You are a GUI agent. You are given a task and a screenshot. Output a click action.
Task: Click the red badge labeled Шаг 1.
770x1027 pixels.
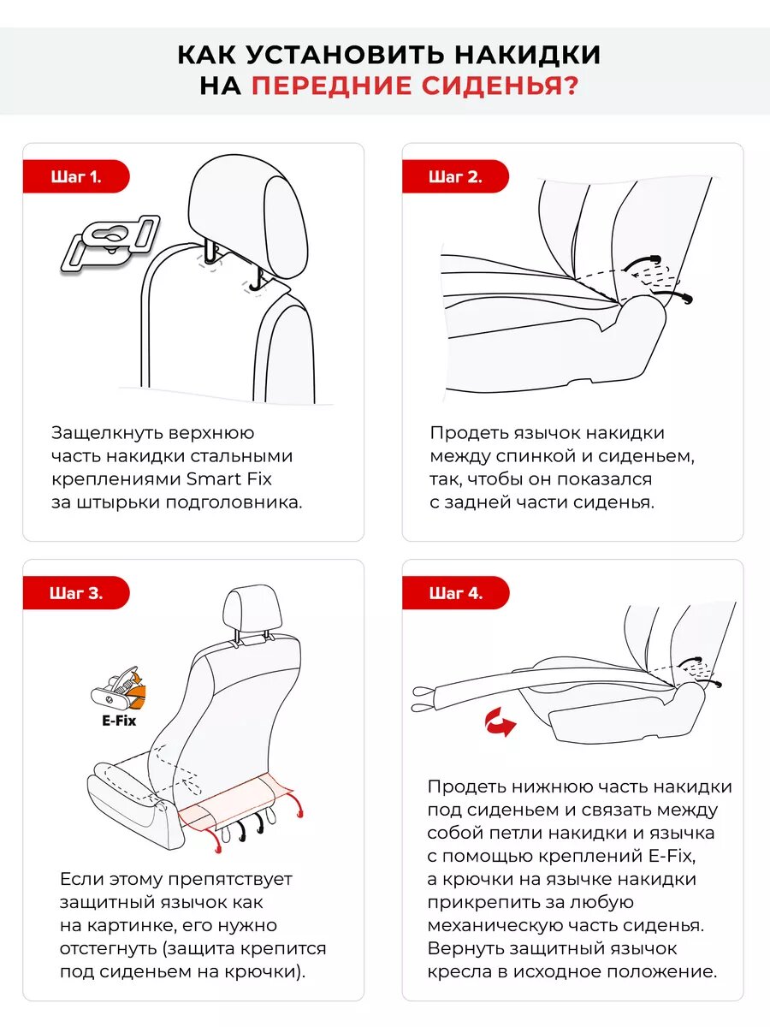click(76, 176)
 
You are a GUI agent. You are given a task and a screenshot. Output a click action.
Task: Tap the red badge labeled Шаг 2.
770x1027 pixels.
click(455, 176)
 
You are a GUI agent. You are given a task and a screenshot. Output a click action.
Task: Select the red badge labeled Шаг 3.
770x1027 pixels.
click(76, 593)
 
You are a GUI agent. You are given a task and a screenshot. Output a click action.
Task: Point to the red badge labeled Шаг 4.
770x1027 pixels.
click(455, 593)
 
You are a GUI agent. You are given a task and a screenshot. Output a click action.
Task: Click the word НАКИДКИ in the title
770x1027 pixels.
click(527, 54)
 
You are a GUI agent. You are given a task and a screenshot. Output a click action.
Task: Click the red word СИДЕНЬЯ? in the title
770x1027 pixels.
click(500, 86)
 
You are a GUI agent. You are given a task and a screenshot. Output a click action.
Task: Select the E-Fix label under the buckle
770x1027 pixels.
click(119, 721)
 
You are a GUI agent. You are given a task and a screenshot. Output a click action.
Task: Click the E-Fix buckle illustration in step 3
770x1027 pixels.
click(118, 689)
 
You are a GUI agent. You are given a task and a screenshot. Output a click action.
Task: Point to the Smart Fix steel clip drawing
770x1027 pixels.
click(110, 243)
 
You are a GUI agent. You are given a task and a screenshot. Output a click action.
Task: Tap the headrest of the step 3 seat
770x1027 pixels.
click(252, 609)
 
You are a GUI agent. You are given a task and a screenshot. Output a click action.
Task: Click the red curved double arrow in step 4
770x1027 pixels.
click(500, 721)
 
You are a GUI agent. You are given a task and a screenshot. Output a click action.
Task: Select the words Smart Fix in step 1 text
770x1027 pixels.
click(229, 479)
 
